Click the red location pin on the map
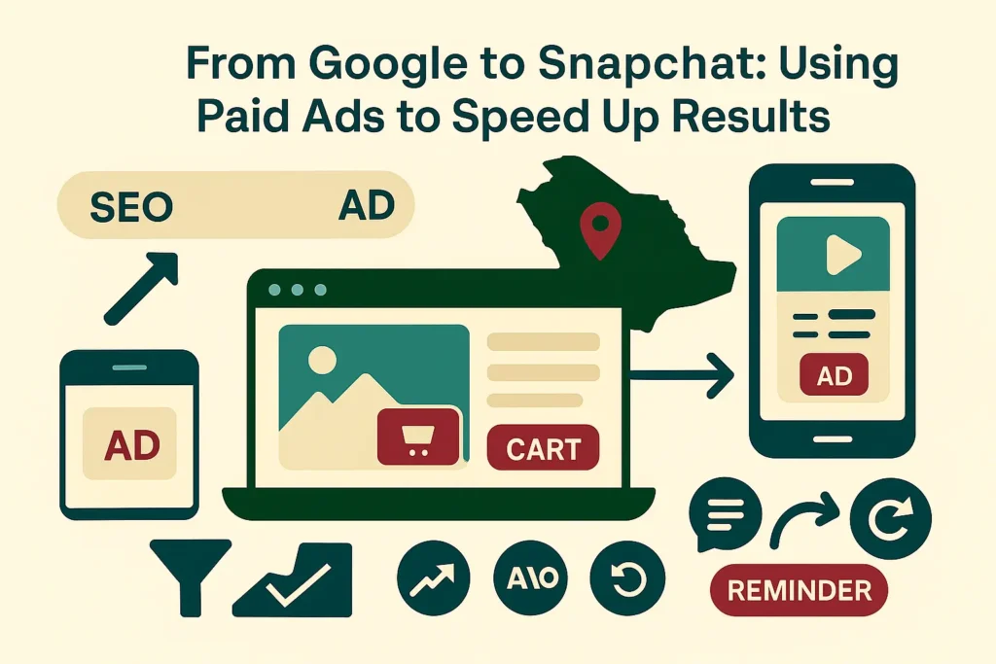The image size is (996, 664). pyautogui.click(x=598, y=229)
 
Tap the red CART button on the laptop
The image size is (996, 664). pyautogui.click(x=544, y=448)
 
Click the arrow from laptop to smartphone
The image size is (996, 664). pyautogui.click(x=681, y=372)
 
